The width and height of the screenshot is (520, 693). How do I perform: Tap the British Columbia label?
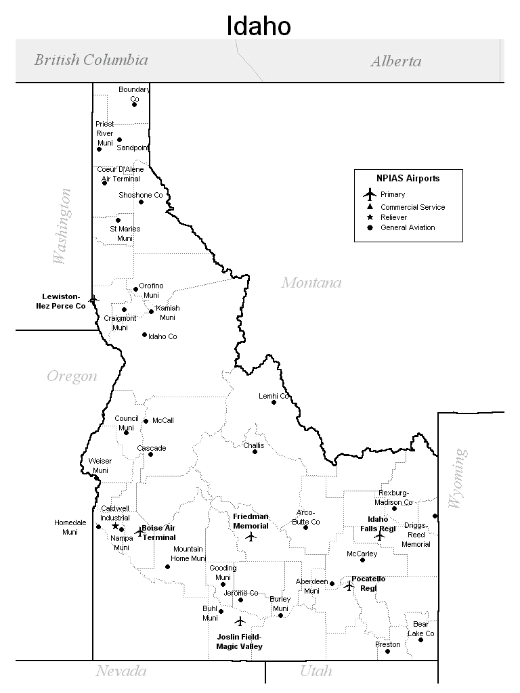[91, 60]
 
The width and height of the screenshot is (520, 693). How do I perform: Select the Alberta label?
[395, 62]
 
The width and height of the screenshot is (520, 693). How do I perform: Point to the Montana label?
[311, 282]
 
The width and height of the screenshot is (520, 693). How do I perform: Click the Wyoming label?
[458, 478]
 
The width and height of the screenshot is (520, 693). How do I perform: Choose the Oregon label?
[72, 376]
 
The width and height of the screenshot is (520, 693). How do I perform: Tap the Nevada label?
[121, 671]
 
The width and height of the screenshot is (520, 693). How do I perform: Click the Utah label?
[316, 671]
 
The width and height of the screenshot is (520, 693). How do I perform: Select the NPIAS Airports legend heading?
[408, 179]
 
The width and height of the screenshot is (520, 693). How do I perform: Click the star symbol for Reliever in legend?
[370, 217]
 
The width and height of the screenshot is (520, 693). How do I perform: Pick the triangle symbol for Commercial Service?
[370, 206]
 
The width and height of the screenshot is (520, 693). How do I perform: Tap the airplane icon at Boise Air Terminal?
[140, 532]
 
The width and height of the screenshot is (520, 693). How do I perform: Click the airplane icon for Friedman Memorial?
[251, 537]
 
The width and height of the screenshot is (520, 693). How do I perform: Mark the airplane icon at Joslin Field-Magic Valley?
[240, 621]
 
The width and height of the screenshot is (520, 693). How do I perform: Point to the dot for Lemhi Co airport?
[274, 402]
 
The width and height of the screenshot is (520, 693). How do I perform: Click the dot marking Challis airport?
[255, 451]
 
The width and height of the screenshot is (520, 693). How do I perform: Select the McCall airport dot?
[146, 421]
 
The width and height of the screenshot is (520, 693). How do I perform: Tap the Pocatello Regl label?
[368, 583]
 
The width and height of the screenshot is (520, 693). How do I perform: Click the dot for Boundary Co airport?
[134, 104]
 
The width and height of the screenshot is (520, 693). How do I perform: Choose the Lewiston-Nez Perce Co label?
[61, 301]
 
